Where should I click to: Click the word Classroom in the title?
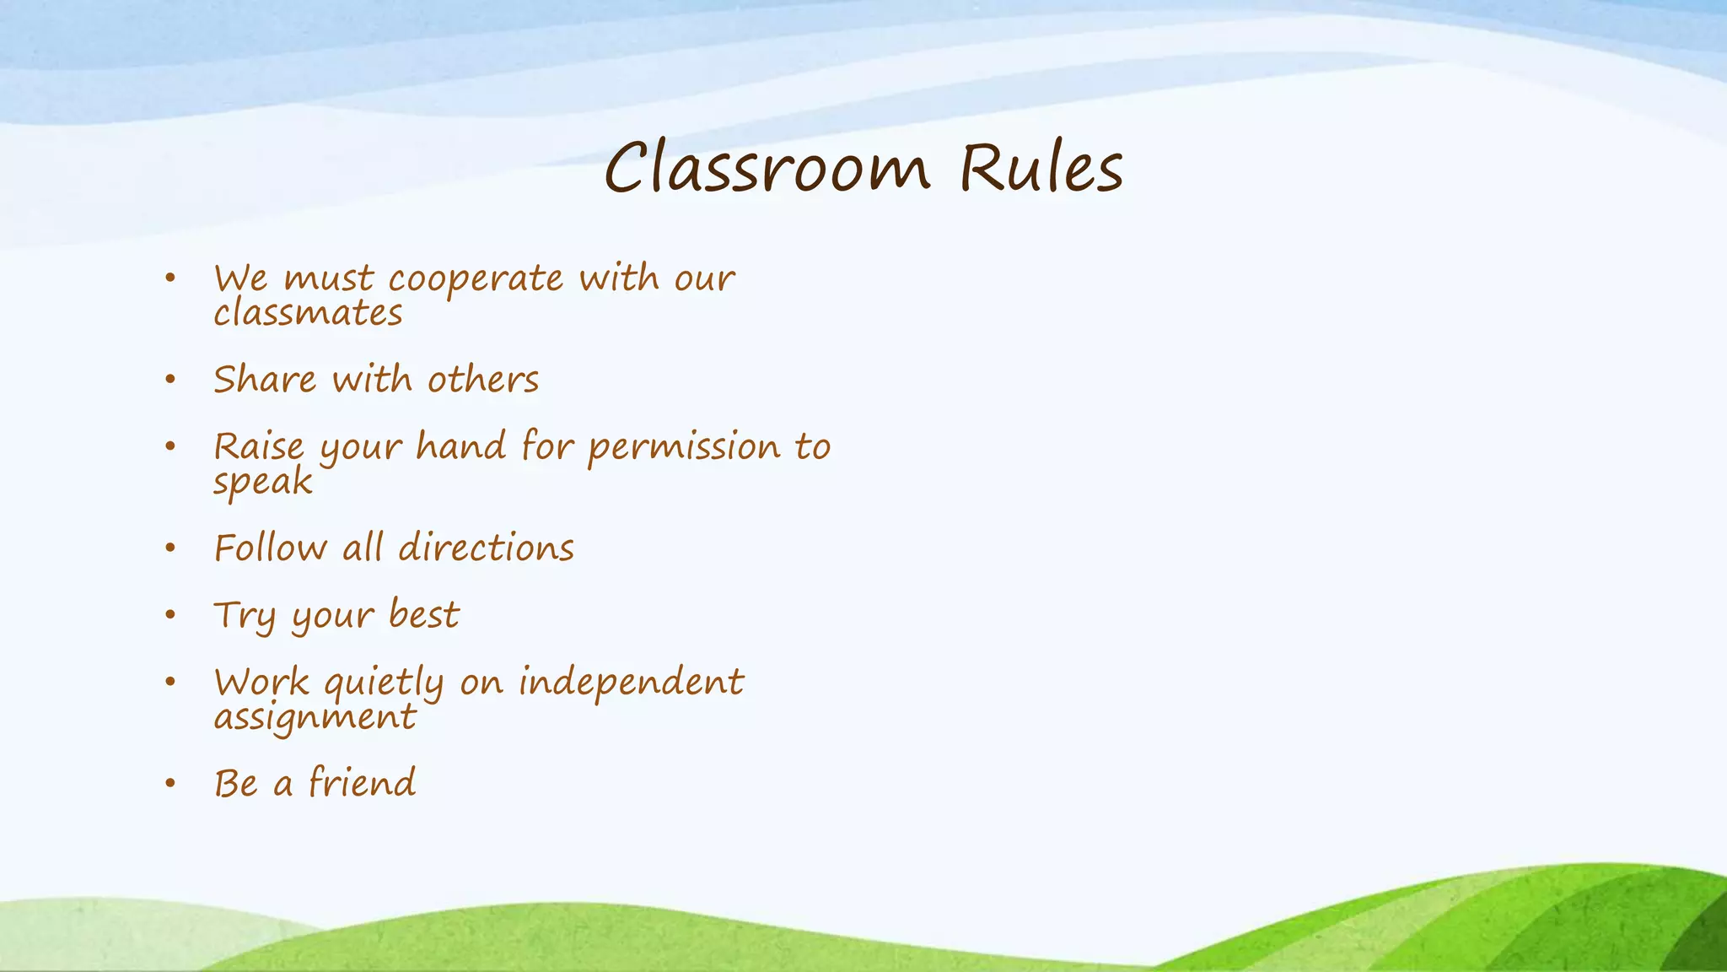point(767,168)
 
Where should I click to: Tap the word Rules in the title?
point(1041,168)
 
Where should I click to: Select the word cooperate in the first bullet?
point(476,279)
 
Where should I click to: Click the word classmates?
point(308,314)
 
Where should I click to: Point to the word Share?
point(265,380)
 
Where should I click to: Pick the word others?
point(482,380)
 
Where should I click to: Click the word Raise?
point(258,447)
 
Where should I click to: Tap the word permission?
point(684,447)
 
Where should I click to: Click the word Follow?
point(270,548)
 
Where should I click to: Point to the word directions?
point(486,548)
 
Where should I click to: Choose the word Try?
point(245,616)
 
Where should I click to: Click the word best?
point(424,615)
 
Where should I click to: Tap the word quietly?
point(384,683)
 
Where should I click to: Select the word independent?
point(631,683)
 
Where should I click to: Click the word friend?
point(362,783)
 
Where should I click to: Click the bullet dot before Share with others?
point(170,380)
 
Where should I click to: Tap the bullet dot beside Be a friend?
point(170,784)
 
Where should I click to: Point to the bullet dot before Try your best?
point(170,615)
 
